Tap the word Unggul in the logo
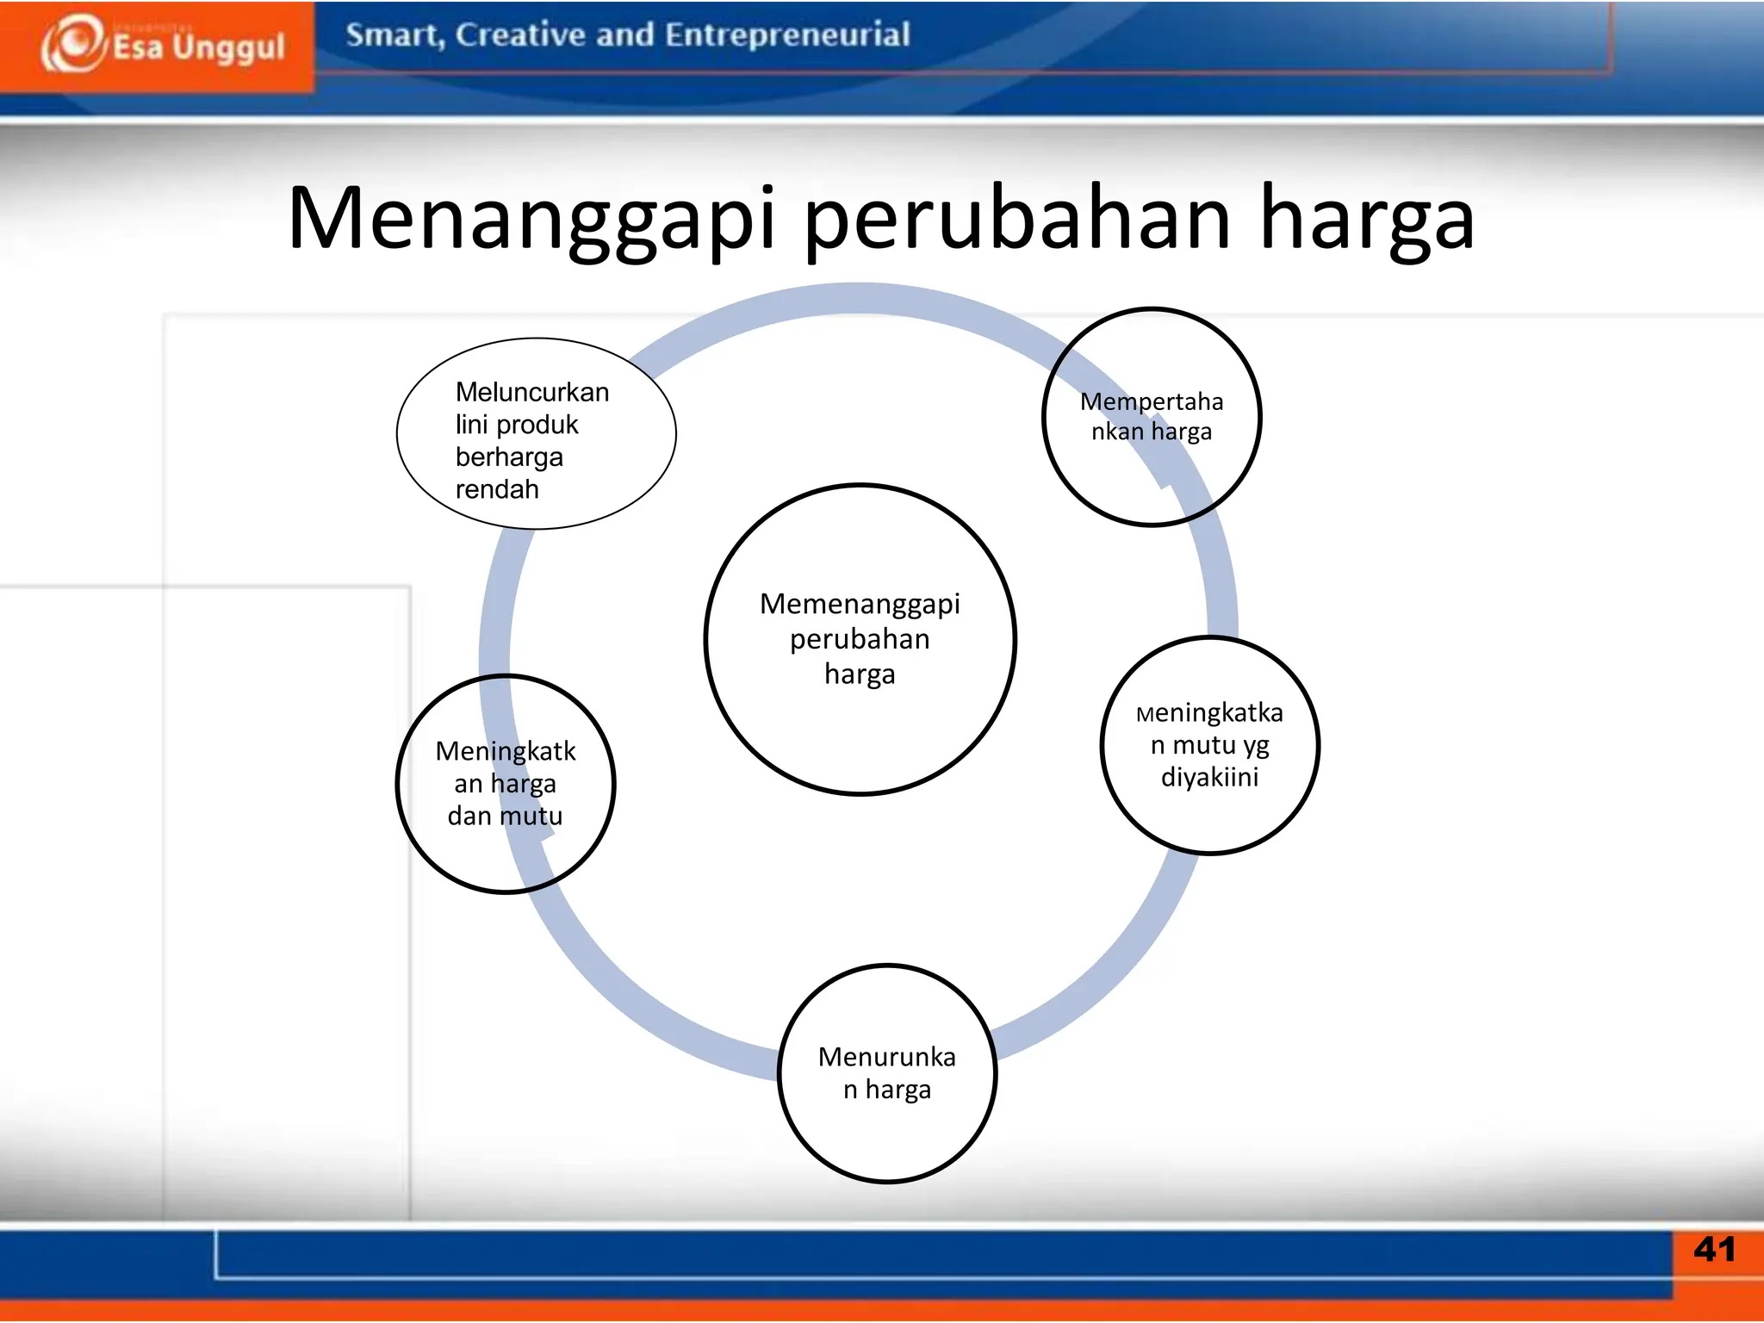(x=227, y=47)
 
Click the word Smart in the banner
(x=393, y=36)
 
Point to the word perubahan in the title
(x=1017, y=220)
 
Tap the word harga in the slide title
(x=1367, y=220)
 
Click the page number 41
(x=1714, y=1249)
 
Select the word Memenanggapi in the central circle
(x=860, y=604)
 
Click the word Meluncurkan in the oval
(x=532, y=392)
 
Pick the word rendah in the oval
(x=497, y=489)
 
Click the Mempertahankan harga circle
(x=1152, y=417)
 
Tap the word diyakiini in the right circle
(x=1209, y=777)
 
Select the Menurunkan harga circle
(x=887, y=1073)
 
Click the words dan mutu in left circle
(x=505, y=816)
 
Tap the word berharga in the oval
(x=509, y=457)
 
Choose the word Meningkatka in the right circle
(x=1209, y=713)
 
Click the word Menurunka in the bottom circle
(x=887, y=1057)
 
